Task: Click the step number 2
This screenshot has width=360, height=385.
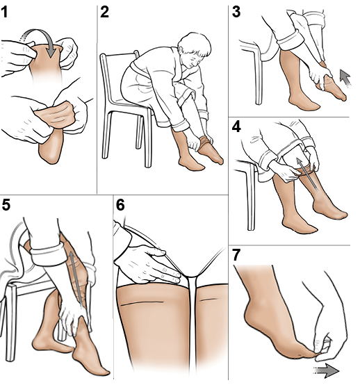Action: point(105,12)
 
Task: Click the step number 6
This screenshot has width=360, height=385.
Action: point(120,206)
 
